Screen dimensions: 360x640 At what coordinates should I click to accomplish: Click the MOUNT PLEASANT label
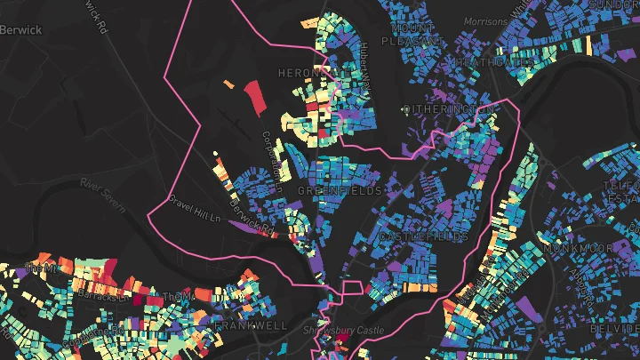[x=412, y=34]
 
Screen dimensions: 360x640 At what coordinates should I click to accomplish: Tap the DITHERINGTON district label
[x=448, y=109]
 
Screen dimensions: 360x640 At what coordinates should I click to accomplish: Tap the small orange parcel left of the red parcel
[x=228, y=85]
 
